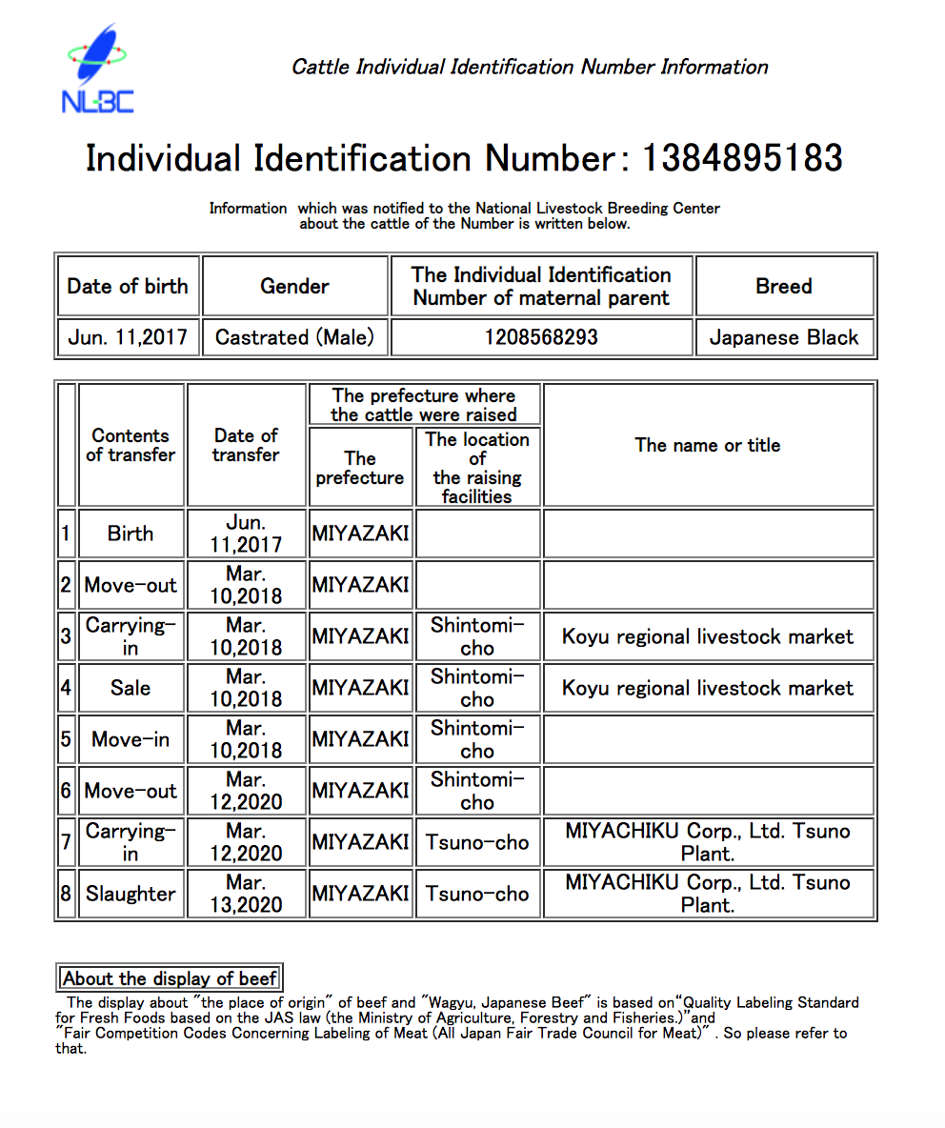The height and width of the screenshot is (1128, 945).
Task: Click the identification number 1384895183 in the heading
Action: [742, 158]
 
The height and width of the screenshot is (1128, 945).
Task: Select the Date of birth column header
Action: [128, 286]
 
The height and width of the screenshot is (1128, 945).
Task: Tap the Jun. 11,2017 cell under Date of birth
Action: [128, 337]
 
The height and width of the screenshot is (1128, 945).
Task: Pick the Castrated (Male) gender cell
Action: [294, 337]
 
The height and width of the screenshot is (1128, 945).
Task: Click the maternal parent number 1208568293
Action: [541, 337]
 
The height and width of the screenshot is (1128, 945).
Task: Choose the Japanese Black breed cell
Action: [784, 337]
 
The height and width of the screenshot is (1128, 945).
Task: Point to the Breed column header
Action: [784, 286]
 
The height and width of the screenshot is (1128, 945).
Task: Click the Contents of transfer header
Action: [131, 445]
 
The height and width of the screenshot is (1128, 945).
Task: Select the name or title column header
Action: [708, 445]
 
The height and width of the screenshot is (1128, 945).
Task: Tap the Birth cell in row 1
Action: [131, 534]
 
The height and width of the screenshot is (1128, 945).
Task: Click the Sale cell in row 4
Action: [131, 688]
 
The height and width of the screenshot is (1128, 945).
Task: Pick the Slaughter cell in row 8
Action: [131, 894]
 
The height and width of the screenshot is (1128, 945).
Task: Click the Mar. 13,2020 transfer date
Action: [246, 894]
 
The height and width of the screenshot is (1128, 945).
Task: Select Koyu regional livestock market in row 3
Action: [708, 636]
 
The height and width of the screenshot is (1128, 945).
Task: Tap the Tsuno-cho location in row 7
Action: [477, 842]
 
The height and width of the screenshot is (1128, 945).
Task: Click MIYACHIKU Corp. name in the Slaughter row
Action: [708, 894]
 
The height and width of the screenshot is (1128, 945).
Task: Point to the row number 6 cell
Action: [66, 791]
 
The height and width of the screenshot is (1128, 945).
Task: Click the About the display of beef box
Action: [170, 978]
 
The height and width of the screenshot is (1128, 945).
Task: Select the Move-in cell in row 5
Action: [131, 739]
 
